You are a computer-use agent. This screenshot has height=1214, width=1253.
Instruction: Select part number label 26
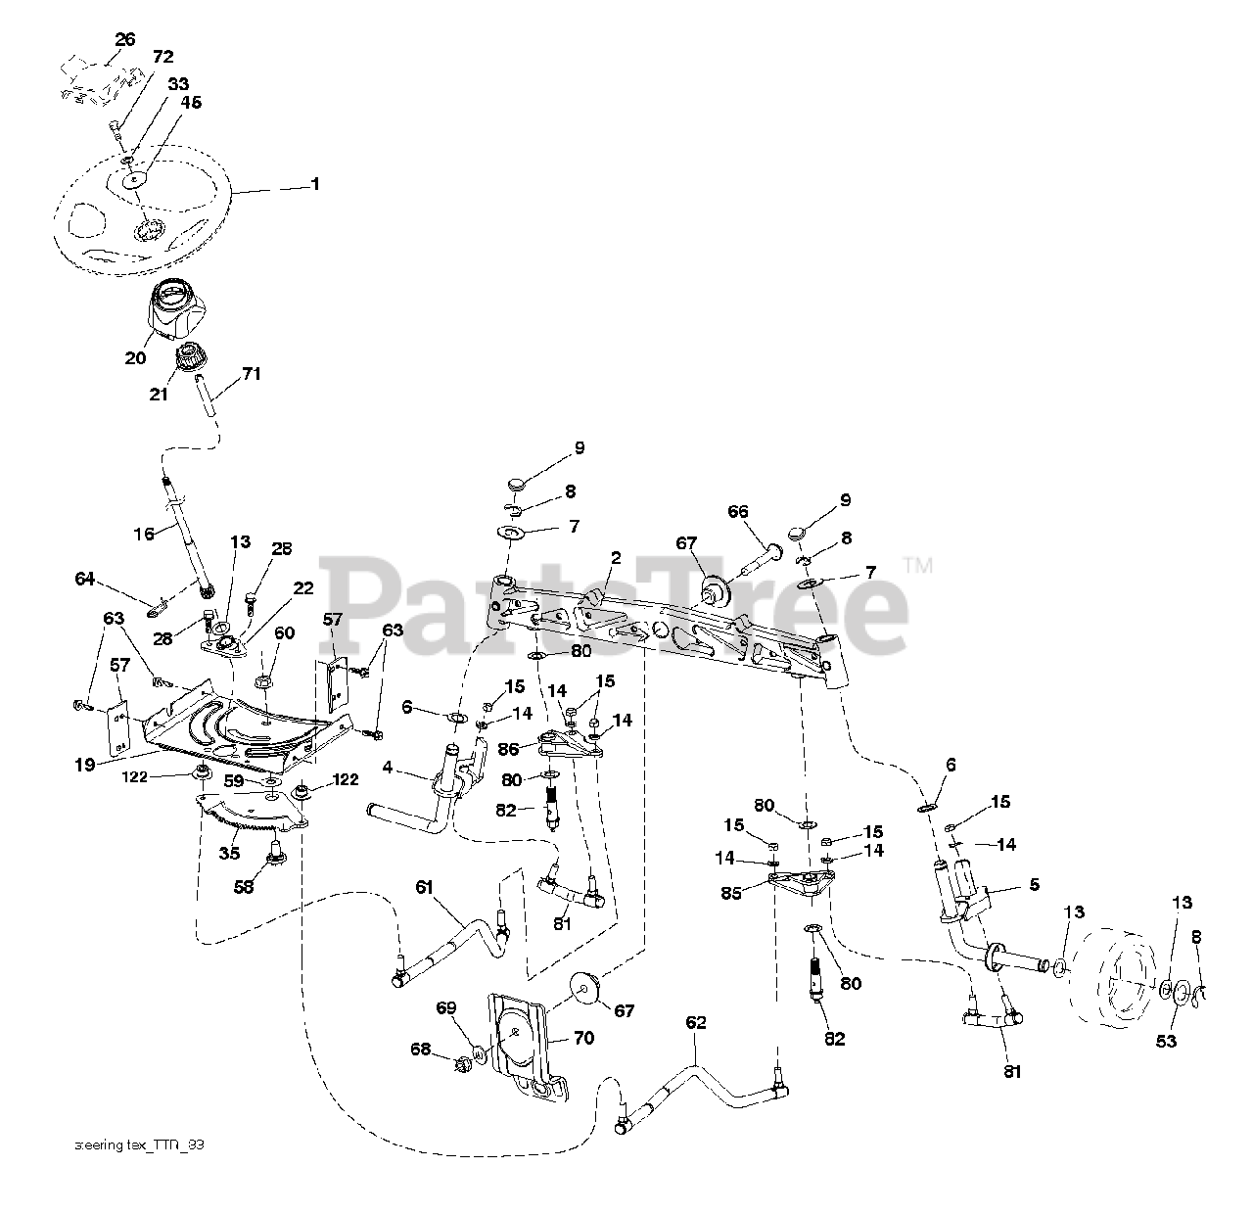tap(124, 40)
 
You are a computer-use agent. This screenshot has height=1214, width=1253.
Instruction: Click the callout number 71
tap(252, 373)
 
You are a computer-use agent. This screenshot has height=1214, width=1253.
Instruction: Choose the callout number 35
tap(229, 853)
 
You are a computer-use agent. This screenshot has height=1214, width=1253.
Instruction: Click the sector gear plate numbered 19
tap(245, 729)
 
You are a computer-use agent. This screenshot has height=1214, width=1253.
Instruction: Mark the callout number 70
tap(583, 1039)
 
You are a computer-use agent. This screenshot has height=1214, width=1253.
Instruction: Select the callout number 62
tap(695, 1022)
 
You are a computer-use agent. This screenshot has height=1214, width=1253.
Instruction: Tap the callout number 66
tap(737, 511)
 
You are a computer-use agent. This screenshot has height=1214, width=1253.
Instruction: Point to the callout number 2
tap(615, 558)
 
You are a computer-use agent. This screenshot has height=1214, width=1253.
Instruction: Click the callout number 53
tap(1166, 1041)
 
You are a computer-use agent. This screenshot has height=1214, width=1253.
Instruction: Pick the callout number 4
tap(388, 768)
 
